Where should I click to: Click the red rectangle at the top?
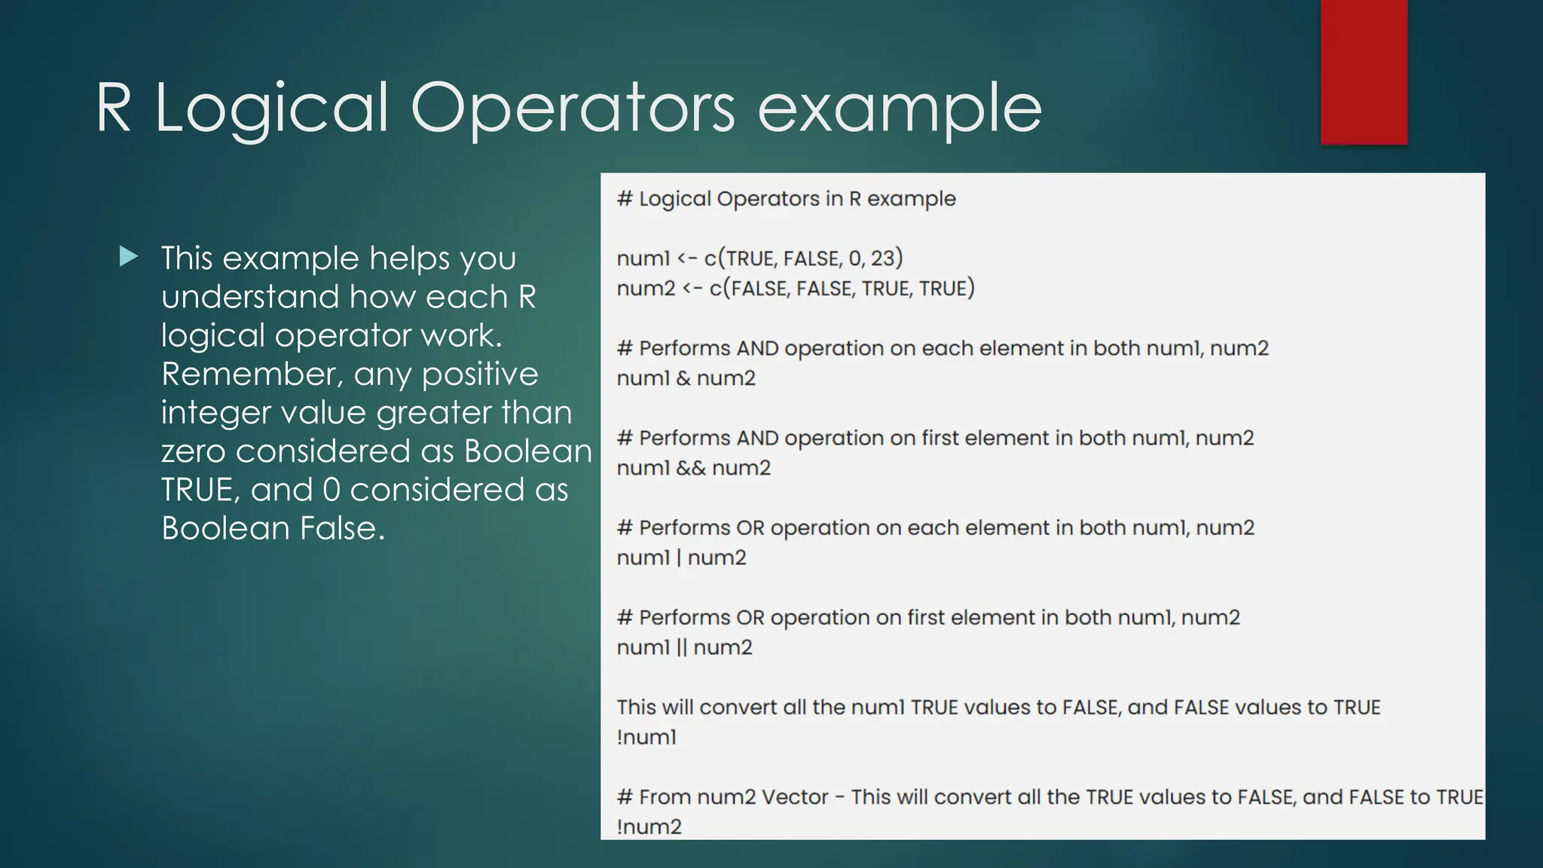tap(1364, 72)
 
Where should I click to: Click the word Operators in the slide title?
tap(572, 109)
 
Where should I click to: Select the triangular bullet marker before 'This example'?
tap(129, 258)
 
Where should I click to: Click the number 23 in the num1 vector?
tap(882, 258)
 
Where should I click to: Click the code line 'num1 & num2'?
tap(686, 378)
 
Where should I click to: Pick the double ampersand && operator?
tap(691, 468)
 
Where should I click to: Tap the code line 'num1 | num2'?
tap(681, 558)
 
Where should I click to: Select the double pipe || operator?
tap(681, 647)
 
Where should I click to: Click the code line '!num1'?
tap(646, 737)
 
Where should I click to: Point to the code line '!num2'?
tap(649, 827)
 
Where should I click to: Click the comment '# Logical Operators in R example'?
tap(786, 199)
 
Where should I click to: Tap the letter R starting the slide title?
tap(114, 109)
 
